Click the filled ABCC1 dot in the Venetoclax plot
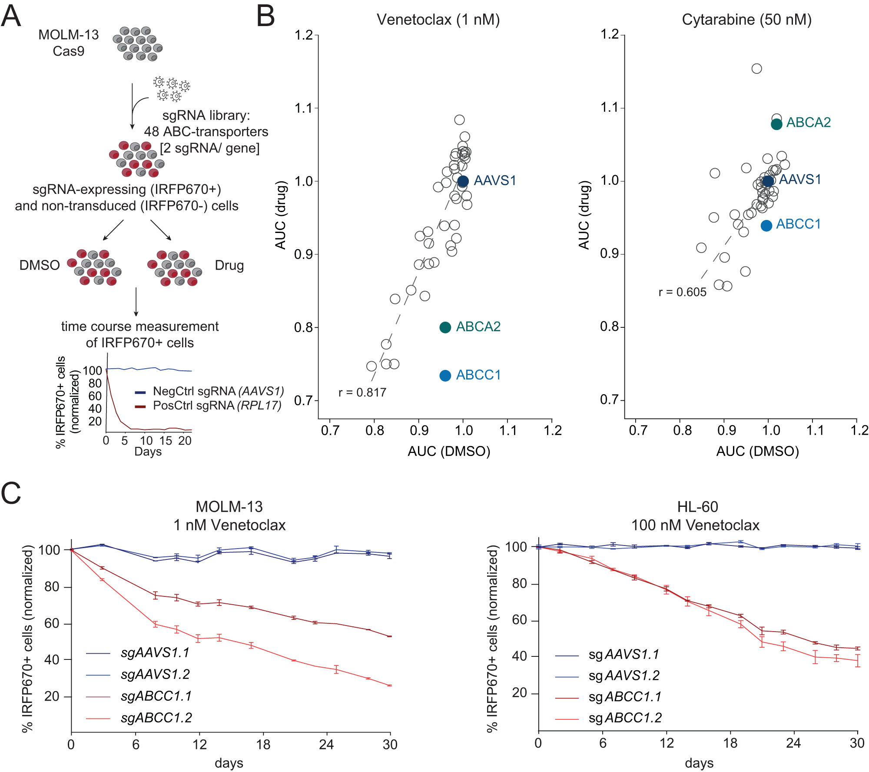tap(445, 376)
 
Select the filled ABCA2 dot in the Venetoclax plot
tap(445, 327)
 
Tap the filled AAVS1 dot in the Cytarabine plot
tap(768, 181)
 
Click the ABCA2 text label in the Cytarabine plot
tap(808, 123)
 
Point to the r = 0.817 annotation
tap(362, 393)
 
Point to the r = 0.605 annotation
tap(682, 292)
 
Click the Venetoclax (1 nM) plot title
tap(438, 20)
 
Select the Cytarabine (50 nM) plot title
tap(746, 20)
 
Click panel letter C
tap(11, 493)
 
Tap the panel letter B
tap(265, 17)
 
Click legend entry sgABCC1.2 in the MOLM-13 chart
tap(156, 718)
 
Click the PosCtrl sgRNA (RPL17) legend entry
tap(216, 406)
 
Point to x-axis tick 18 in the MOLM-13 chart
tap(263, 745)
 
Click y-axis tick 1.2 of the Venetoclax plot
tap(304, 35)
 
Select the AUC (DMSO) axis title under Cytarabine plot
tap(757, 451)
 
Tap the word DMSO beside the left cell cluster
tap(40, 265)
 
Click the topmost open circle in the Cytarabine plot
tap(756, 69)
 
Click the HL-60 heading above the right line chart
tap(697, 507)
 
